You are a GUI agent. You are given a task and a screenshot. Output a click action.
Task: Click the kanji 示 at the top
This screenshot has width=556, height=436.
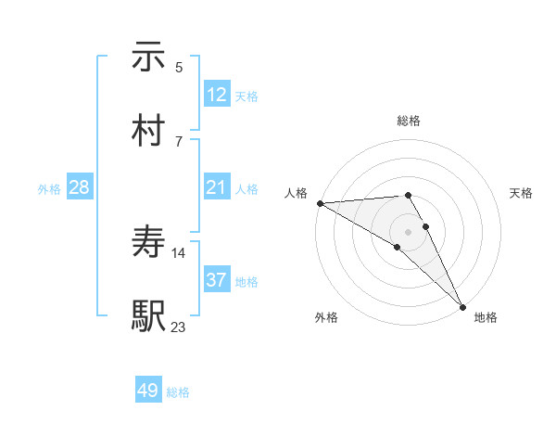pos(148,58)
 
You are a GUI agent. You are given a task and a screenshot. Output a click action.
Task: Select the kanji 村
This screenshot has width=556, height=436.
pos(148,130)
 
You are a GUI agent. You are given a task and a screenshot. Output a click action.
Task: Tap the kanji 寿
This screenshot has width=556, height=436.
pos(148,243)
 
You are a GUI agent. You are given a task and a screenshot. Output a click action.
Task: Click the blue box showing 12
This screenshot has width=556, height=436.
pos(217,95)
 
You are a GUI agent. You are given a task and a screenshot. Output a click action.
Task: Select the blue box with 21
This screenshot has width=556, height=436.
pos(217,188)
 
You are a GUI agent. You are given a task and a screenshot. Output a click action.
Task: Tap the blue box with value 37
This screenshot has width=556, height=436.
pos(217,280)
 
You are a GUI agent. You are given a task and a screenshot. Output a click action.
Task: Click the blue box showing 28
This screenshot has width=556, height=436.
pos(80,188)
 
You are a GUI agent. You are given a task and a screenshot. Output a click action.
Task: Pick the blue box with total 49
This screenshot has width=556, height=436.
pos(148,391)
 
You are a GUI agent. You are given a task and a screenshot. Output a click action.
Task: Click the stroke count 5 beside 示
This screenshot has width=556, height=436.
pos(179,68)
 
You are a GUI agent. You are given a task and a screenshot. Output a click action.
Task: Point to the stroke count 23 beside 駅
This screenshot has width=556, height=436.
pos(179,326)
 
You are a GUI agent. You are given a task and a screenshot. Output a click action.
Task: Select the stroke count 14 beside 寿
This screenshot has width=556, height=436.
pos(179,252)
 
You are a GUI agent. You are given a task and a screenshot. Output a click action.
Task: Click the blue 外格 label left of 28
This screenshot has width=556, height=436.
pos(49,189)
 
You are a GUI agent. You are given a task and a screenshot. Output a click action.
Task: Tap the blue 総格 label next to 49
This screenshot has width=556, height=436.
pos(178,392)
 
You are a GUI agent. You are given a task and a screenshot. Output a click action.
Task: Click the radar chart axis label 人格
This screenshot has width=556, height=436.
pos(296,193)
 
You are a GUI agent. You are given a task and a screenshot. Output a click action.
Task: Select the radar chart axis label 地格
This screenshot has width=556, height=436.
pos(486,317)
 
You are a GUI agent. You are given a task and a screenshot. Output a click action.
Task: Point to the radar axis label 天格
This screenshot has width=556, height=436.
pos(521,193)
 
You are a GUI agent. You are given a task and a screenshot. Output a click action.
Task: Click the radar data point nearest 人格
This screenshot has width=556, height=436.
pos(320,203)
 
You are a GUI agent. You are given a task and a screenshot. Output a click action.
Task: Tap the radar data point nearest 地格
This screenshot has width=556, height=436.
pos(461,306)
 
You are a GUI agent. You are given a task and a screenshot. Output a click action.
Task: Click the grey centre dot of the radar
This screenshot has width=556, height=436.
pos(408,231)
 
